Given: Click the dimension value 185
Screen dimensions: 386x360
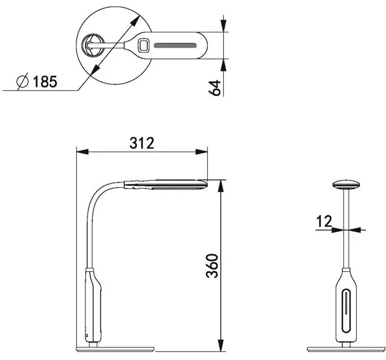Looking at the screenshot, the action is coord(45,82).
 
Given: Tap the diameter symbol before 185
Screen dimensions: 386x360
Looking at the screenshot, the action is coord(23,81).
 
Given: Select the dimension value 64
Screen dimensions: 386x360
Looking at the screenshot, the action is coord(214,88).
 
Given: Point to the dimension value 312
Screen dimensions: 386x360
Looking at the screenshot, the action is coord(142,143).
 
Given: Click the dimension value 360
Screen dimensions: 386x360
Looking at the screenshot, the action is coord(212,266).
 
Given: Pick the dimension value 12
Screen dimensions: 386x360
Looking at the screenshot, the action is coord(324,221).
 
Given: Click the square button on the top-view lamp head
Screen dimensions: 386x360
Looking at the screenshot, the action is coord(143,46).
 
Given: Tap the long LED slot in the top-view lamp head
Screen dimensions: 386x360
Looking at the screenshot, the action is coord(176,46).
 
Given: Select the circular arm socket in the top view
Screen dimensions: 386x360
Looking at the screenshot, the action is coord(93,46).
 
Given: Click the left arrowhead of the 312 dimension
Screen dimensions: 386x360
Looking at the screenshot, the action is coord(83,152).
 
